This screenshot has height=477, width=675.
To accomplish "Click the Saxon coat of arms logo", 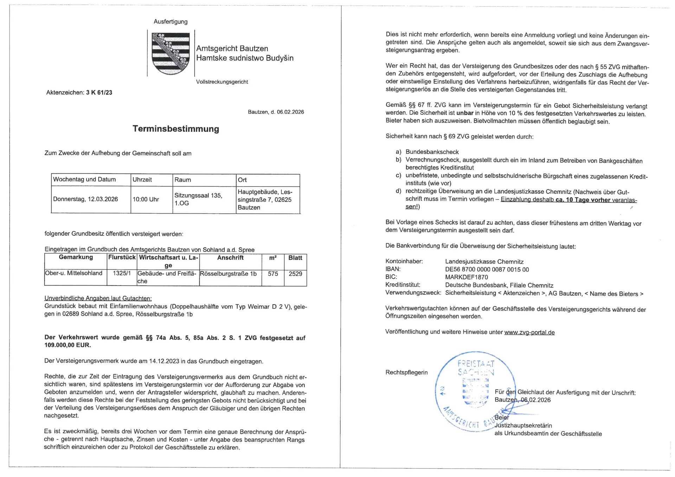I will tap(171, 53).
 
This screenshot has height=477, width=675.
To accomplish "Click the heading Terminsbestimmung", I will tap(176, 129).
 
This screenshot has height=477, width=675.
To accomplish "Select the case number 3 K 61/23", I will tap(99, 93).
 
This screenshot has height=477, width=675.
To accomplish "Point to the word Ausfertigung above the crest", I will tap(171, 22).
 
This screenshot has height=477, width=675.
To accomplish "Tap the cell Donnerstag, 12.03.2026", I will tap(85, 199).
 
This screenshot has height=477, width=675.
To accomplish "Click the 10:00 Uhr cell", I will tap(146, 200).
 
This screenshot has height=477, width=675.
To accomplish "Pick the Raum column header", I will tap(183, 180).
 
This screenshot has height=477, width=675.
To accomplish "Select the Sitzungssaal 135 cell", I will tap(198, 199).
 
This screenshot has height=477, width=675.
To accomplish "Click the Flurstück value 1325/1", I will tap(122, 273).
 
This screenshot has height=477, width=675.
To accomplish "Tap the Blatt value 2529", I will tap(295, 274).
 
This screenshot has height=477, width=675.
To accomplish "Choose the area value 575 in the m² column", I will tap(273, 274).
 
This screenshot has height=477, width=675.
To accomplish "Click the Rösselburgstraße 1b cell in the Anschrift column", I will tap(228, 274).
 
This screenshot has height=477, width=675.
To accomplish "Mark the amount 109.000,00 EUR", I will tap(67, 345).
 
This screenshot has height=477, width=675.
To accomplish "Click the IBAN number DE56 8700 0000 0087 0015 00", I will tap(487, 270).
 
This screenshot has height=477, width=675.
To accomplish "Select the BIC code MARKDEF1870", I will tap(467, 277).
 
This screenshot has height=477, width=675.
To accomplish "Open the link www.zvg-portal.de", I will tap(529, 332).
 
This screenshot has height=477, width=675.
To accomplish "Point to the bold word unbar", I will tap(465, 113).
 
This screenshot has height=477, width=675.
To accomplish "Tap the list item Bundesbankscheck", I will tap(432, 152).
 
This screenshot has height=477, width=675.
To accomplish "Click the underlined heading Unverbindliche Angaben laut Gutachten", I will tap(98, 298).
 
